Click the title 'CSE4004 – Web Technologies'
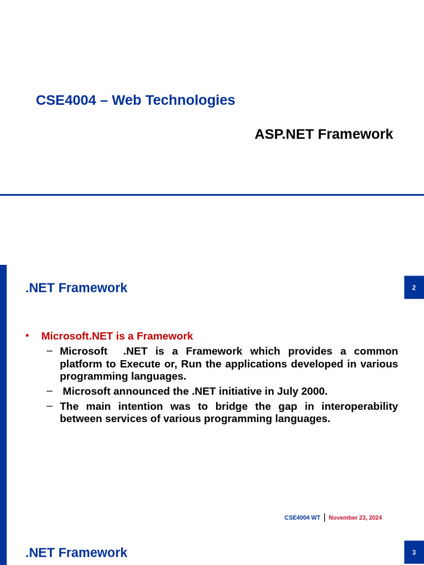pos(135,100)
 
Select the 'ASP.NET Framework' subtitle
pos(324,134)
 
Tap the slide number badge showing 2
pos(414,287)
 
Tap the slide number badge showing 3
pos(414,552)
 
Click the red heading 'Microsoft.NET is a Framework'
pos(117,336)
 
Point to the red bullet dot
pos(28,335)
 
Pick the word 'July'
pos(282,392)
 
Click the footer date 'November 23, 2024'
pos(355,518)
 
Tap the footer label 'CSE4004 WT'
pos(302,518)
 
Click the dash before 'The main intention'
pos(50,406)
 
